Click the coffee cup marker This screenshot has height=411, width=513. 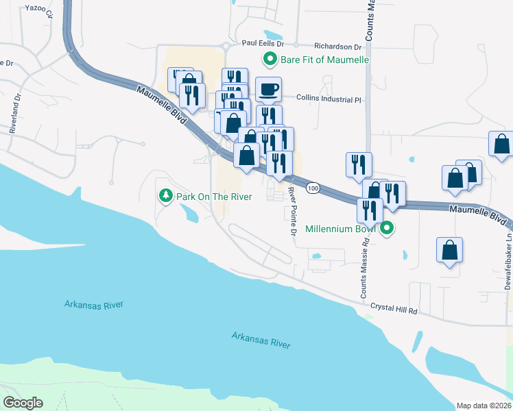point(268,89)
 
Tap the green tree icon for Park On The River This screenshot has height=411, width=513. point(165,197)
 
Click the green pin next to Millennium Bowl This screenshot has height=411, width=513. point(387,229)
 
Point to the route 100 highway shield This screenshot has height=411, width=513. point(313,188)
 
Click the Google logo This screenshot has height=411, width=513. point(23,403)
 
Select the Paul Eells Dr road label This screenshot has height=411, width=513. point(257,42)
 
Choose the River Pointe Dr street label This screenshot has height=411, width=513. point(291,212)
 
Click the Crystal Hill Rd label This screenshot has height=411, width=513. point(394,310)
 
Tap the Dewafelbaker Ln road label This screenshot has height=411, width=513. point(508,264)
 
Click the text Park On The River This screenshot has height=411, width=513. point(214,197)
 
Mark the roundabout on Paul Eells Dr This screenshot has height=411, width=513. point(226,47)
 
